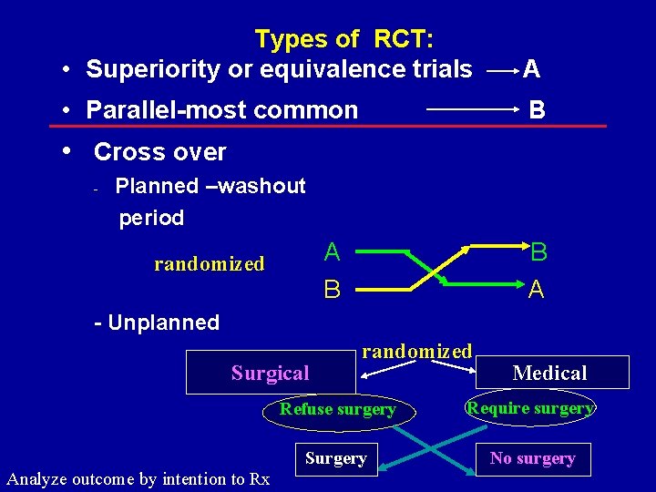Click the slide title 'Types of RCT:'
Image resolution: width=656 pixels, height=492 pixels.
(344, 39)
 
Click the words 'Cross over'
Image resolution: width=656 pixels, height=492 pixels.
(160, 152)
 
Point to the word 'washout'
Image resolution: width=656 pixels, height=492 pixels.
(264, 187)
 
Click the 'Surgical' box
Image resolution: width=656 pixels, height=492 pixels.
(270, 373)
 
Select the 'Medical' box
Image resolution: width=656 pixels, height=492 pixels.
(550, 373)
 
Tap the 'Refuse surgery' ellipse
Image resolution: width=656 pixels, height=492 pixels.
(338, 410)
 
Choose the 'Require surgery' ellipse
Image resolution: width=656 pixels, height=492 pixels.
(530, 408)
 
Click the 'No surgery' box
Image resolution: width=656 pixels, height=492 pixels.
(532, 458)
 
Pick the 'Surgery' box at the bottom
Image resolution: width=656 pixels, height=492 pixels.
(335, 458)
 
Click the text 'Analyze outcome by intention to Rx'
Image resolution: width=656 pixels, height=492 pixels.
(138, 478)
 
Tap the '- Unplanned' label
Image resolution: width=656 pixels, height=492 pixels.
(158, 323)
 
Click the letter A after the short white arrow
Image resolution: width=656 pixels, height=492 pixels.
(531, 69)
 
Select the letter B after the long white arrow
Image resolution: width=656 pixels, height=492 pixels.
(538, 110)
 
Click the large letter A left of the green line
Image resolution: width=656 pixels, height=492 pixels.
(333, 252)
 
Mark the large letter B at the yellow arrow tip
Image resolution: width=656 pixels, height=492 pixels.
(539, 252)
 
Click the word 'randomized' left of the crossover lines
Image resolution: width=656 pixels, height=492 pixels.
(210, 264)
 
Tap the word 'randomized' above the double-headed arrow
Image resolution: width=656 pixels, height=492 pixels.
(417, 351)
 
